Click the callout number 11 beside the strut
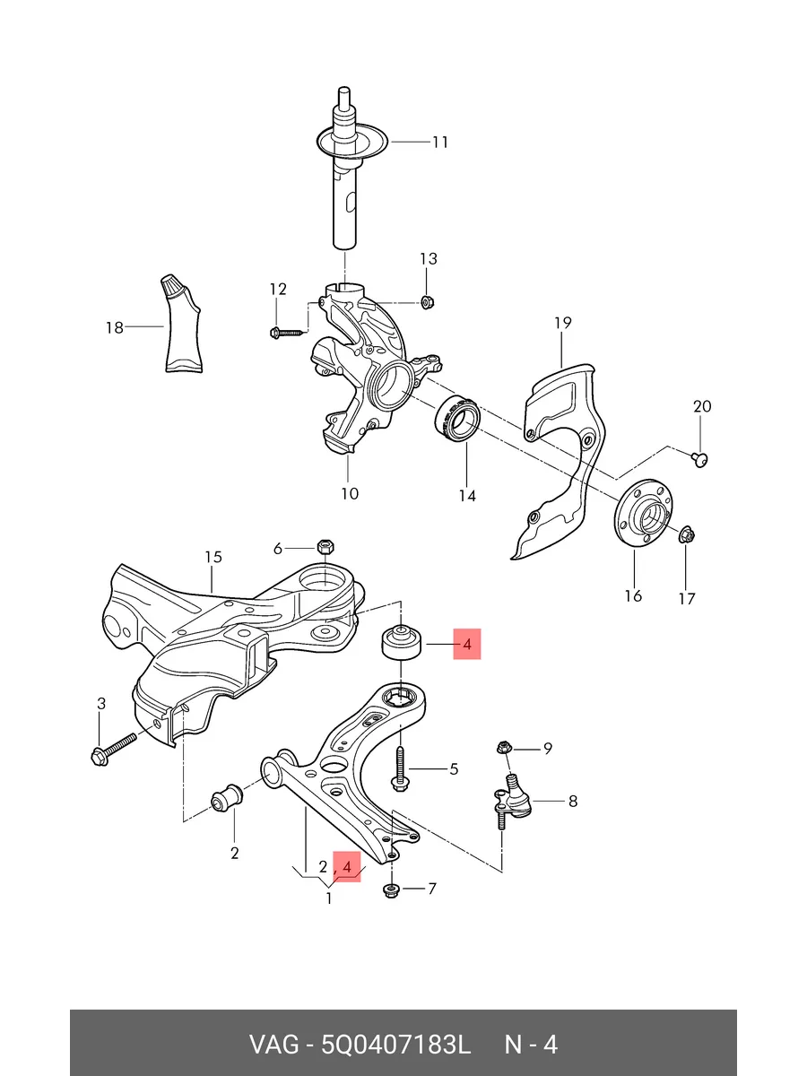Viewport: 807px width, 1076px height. (x=440, y=143)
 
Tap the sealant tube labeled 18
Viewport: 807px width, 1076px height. (x=182, y=324)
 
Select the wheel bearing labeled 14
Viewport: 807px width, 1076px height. (x=458, y=419)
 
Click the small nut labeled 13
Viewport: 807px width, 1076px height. (x=426, y=301)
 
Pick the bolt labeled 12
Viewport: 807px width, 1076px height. (x=288, y=334)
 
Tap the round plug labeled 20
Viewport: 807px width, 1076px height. (x=699, y=460)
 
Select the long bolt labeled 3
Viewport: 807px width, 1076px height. (x=114, y=750)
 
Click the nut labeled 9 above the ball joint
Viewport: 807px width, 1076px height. (x=503, y=748)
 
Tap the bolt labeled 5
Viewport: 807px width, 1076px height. (x=400, y=768)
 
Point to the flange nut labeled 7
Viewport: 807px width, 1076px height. (x=391, y=889)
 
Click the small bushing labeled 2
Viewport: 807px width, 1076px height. (x=226, y=799)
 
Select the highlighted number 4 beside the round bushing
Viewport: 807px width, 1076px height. (x=467, y=644)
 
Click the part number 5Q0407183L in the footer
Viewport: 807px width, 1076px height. (x=395, y=1044)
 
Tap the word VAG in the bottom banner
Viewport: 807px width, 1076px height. (x=273, y=1044)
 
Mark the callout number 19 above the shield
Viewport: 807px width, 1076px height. (x=563, y=323)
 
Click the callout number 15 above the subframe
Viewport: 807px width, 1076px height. (x=213, y=558)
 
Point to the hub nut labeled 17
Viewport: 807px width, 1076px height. (x=687, y=534)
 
